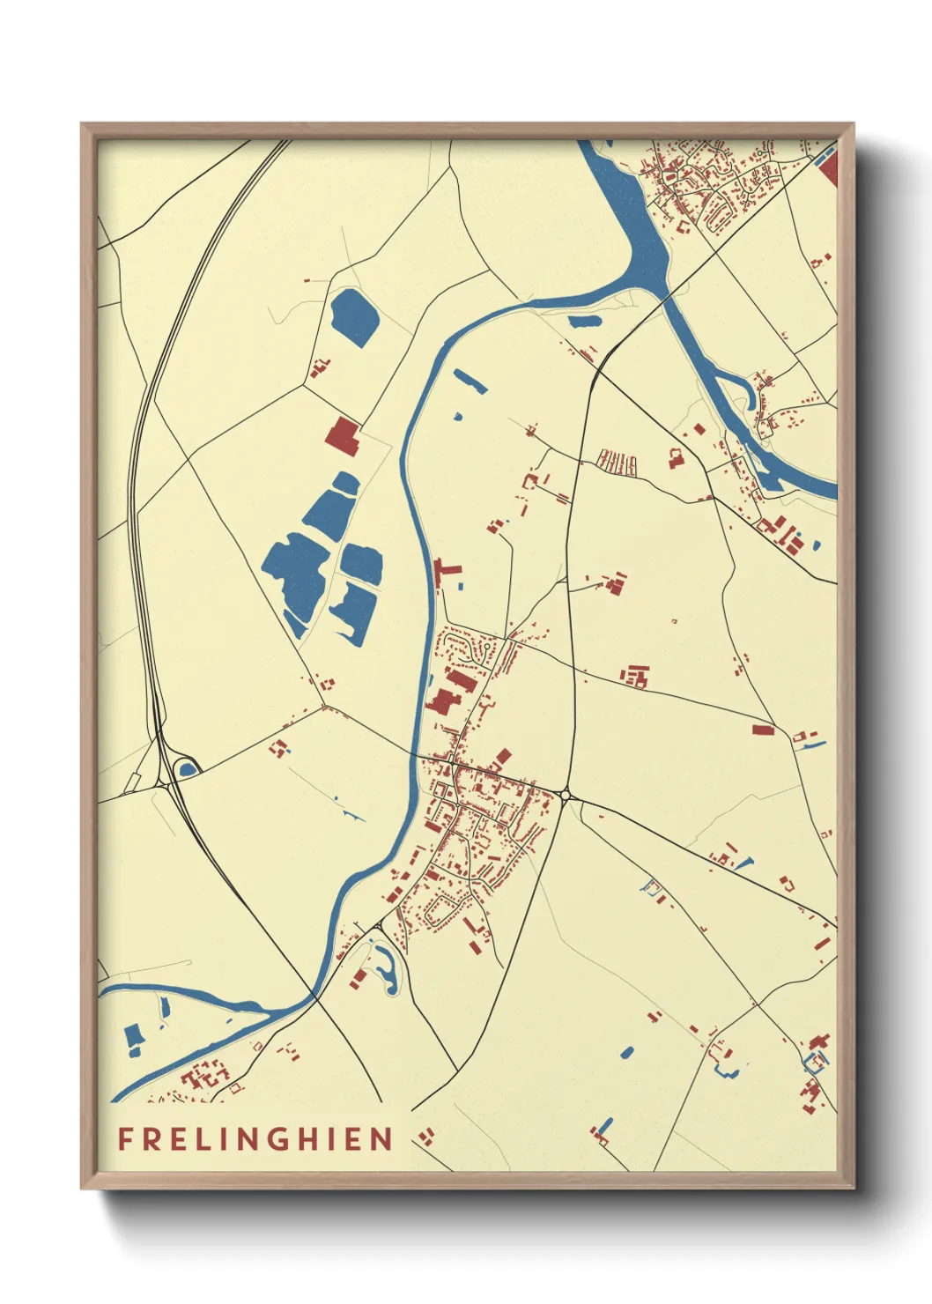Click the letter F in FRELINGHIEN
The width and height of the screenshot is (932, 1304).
click(x=125, y=1138)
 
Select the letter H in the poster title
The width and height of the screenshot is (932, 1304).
click(x=311, y=1138)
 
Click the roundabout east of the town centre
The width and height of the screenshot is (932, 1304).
click(x=565, y=796)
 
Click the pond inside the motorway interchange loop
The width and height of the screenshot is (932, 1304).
click(x=187, y=769)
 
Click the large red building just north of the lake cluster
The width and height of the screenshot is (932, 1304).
click(x=343, y=435)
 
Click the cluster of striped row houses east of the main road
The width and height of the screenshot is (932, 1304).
click(x=617, y=462)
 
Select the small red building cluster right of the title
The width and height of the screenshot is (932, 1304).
click(x=427, y=1137)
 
